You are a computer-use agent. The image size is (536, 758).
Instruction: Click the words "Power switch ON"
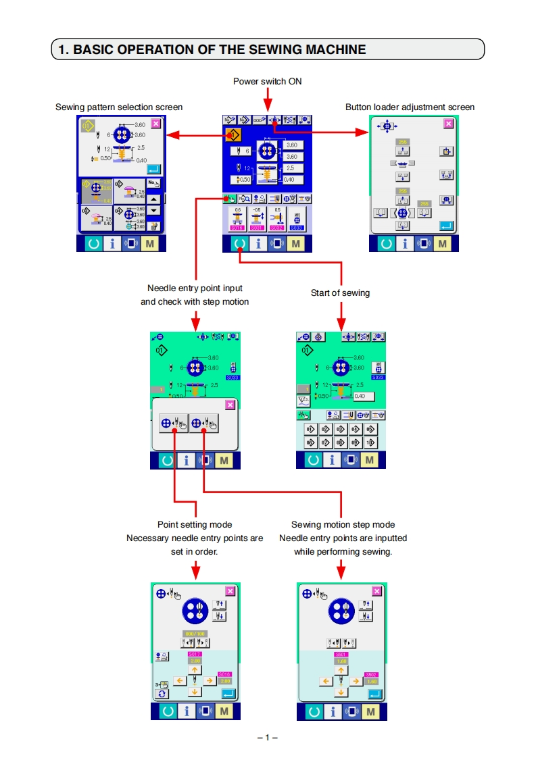[267, 82]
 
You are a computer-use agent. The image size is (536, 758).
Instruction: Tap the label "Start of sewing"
[340, 293]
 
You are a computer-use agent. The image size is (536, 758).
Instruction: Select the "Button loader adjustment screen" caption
[410, 107]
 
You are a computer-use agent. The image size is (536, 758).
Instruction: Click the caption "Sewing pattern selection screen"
[119, 107]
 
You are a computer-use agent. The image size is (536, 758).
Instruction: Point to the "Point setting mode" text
[195, 524]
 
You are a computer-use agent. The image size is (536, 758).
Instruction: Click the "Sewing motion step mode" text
[343, 524]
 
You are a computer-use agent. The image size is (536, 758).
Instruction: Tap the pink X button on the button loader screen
[448, 124]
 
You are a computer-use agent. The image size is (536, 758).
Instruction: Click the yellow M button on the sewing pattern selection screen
[149, 243]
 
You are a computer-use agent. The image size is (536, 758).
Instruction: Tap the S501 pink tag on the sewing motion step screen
[341, 655]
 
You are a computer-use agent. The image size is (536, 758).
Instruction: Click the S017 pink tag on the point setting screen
[195, 655]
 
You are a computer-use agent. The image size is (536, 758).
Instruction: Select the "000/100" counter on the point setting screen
[195, 633]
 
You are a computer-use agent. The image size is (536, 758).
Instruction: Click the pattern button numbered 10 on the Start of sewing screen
[370, 442]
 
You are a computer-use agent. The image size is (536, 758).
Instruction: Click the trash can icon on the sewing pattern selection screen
[155, 226]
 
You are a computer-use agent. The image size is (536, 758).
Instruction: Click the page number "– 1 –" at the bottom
[268, 737]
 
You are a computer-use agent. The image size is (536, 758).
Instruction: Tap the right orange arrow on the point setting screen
[209, 680]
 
